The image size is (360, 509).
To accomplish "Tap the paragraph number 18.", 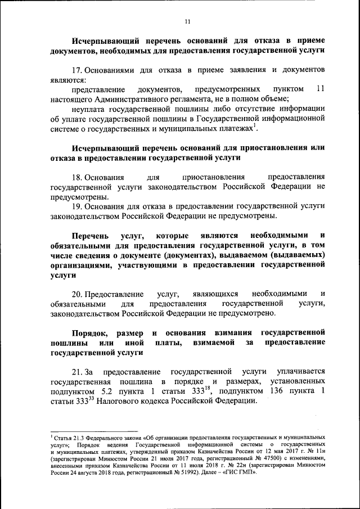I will click(77, 177).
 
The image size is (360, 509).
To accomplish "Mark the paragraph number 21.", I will click(77, 372).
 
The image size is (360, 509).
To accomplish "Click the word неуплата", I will click(89, 109).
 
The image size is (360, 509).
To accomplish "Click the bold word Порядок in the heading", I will click(91, 332).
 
